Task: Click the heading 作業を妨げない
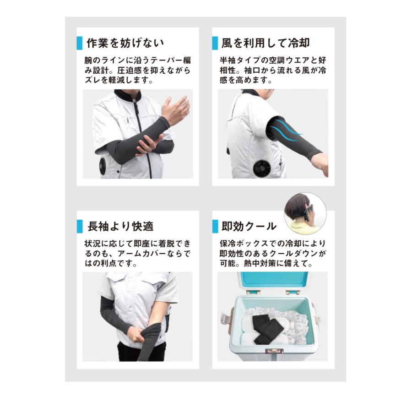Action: (125, 43)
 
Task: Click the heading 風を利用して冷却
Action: (266, 43)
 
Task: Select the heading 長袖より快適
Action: (120, 226)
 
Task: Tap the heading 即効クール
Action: (249, 226)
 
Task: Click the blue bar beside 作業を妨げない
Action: (80, 43)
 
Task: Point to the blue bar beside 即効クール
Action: (215, 226)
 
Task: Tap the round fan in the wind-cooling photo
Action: (264, 168)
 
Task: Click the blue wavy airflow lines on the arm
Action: (286, 132)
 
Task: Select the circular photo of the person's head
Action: (305, 214)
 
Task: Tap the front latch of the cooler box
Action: (274, 351)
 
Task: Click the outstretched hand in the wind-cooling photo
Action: (321, 163)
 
